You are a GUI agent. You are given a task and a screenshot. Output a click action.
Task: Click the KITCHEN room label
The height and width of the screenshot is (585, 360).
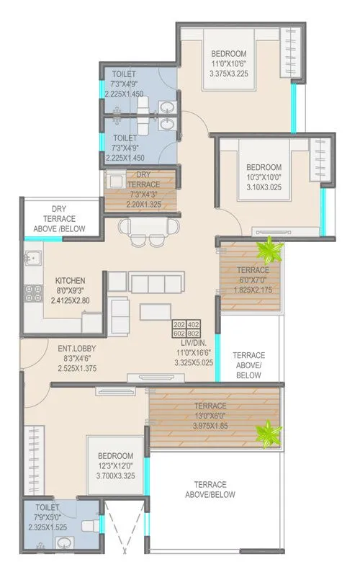[71, 280]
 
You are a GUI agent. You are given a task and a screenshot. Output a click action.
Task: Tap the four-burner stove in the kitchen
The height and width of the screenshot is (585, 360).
[32, 292]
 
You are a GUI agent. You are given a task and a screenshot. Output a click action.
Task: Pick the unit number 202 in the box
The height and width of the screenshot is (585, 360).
[179, 324]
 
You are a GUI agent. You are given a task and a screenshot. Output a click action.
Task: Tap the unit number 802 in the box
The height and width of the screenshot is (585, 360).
[194, 333]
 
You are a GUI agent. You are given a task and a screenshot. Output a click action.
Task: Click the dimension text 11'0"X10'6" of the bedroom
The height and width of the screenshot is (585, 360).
[228, 63]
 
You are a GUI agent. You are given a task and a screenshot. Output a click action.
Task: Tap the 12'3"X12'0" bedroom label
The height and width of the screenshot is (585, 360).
[116, 465]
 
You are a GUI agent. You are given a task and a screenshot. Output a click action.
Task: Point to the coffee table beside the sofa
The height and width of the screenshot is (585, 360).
[155, 311]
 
